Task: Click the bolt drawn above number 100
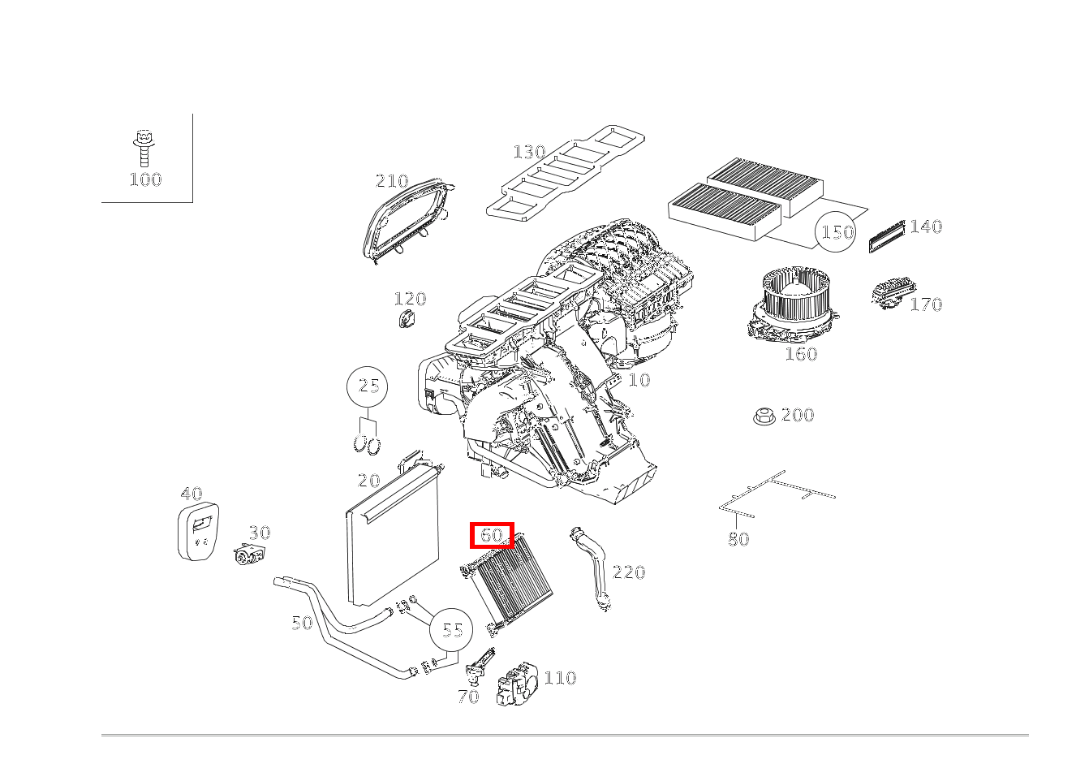tap(144, 148)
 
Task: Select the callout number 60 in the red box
tap(493, 535)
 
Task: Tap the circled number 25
tap(368, 386)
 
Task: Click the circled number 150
tap(836, 232)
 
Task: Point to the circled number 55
tap(452, 630)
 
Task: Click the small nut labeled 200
tap(763, 417)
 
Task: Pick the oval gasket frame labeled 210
tap(406, 220)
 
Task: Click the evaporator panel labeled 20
tap(391, 536)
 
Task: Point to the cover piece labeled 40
tap(197, 532)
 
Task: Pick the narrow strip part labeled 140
tap(886, 236)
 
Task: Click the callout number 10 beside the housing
tap(639, 380)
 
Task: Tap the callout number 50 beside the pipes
tap(302, 623)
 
